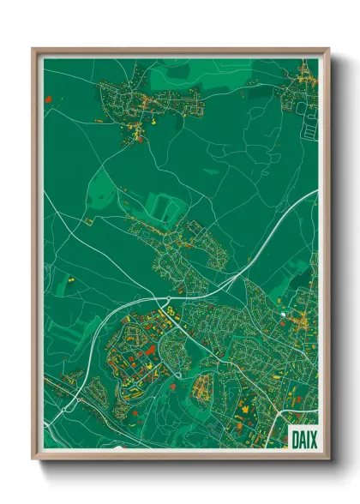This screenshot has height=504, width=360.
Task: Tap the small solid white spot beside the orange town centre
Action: pos(282,315)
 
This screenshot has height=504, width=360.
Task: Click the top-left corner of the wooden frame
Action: pos(33,49)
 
